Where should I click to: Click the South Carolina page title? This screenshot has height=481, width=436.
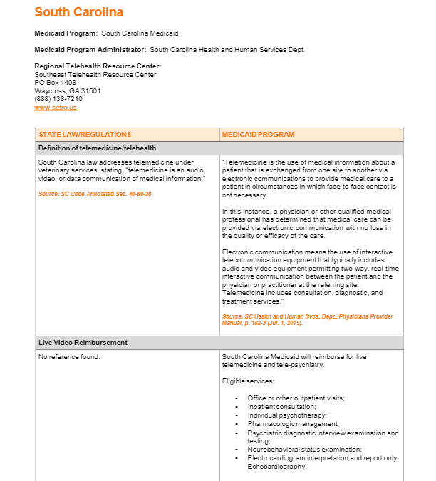tap(78, 12)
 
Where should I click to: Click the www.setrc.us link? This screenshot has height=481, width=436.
tap(55, 108)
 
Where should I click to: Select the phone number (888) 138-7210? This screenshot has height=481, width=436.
tap(58, 99)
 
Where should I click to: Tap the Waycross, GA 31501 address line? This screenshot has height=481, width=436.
tap(68, 91)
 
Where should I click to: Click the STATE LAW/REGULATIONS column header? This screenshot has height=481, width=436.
tap(85, 135)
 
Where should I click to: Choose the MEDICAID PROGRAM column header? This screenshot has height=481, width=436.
tap(258, 135)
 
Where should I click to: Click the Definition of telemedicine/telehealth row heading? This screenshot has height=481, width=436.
tap(97, 148)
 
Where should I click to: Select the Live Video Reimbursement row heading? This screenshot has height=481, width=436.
tap(83, 343)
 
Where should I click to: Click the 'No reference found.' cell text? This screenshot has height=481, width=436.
tap(69, 356)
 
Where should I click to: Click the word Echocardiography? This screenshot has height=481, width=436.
tap(277, 467)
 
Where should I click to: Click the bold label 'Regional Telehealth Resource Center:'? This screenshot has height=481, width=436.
tap(98, 66)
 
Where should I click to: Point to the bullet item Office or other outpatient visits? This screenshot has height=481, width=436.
tap(296, 398)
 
